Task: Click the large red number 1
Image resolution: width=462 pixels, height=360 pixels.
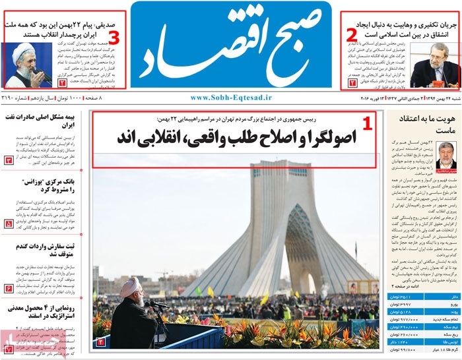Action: (x=368, y=123)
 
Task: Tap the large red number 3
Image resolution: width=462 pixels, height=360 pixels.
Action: (x=114, y=36)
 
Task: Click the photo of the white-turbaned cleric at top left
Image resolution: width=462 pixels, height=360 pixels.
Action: (x=26, y=66)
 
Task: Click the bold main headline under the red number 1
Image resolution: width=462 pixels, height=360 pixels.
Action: (x=236, y=138)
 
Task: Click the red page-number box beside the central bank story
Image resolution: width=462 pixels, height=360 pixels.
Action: (x=9, y=224)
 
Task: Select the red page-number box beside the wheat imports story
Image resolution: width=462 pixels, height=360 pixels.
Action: (x=9, y=288)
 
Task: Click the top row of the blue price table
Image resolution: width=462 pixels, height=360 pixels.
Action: (x=422, y=297)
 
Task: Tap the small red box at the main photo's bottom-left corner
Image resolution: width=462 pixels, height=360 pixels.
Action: (x=101, y=342)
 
